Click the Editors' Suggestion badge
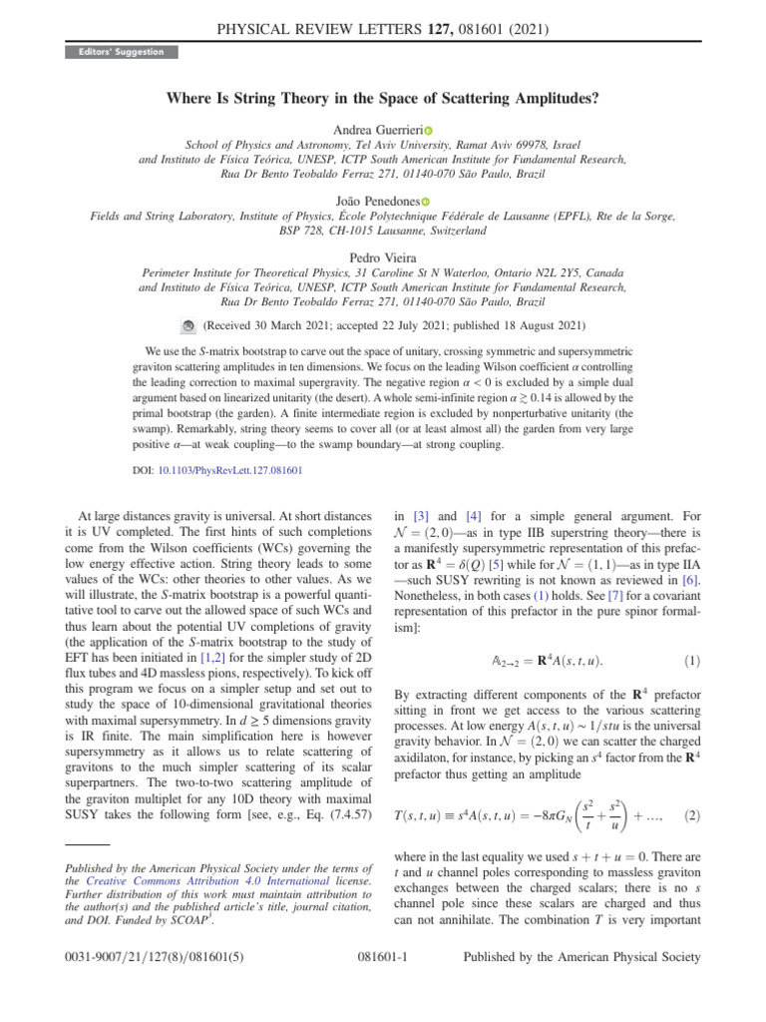coord(122,51)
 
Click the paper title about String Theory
coord(383,100)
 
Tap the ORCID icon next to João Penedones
coord(424,202)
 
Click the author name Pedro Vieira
coord(383,257)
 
